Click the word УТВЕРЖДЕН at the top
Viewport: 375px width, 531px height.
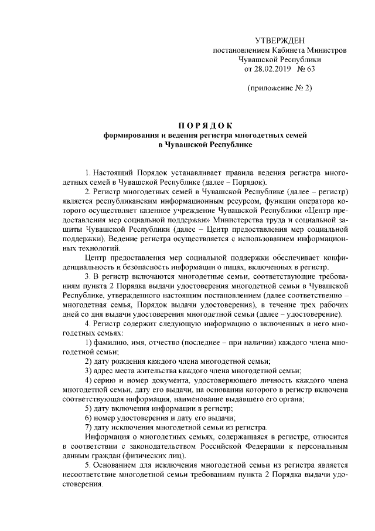click(279, 40)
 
